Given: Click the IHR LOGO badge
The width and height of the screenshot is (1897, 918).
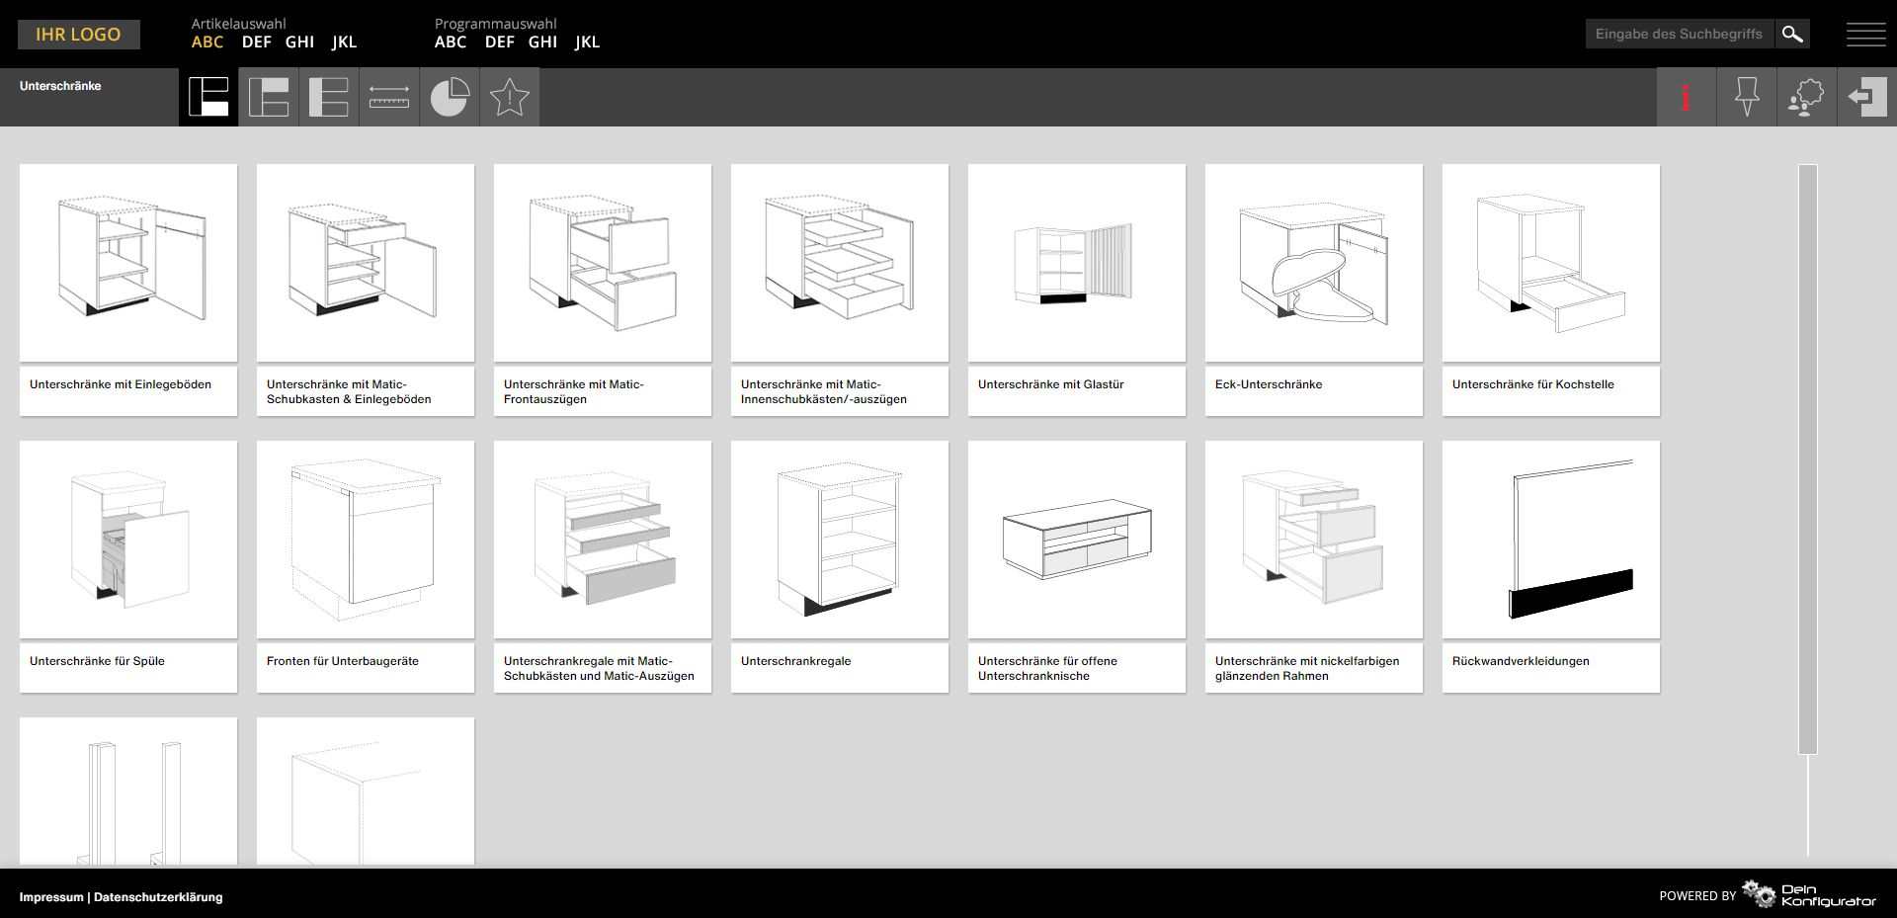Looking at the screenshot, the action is point(79,35).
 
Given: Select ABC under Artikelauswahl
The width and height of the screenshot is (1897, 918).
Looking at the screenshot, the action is point(207,42).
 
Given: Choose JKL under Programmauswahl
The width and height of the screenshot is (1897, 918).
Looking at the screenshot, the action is point(587,42).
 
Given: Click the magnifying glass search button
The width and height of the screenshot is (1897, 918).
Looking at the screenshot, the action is point(1792,35).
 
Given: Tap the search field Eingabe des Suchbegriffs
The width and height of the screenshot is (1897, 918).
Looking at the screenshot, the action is point(1680,35).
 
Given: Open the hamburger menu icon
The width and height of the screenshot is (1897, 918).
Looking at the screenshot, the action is point(1865,35).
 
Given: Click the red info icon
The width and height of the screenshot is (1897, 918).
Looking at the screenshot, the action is point(1686,97).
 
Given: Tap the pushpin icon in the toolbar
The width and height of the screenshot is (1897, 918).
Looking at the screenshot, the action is point(1747,97).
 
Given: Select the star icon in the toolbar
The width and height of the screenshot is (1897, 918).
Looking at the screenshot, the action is point(510,97).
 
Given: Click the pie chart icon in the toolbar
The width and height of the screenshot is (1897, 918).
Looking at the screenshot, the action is point(450,97).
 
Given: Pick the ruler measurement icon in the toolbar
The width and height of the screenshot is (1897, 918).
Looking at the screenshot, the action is point(389,97).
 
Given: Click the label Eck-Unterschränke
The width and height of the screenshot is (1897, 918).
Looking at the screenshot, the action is point(1269,384).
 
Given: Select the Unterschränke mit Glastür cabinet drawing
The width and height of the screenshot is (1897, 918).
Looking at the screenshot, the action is point(1077,263).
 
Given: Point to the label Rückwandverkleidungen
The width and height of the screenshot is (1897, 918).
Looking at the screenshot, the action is point(1521,661).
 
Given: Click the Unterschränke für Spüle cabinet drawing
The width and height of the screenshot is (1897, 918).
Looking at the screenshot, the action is point(128,540).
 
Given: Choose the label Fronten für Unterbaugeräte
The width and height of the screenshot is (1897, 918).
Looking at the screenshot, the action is point(343,661).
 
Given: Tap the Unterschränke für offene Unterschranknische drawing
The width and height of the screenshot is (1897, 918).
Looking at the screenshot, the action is point(1077,540).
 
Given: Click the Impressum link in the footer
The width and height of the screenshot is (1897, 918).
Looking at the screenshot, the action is point(51,897).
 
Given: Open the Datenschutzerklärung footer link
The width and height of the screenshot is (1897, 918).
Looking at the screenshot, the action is point(158,897).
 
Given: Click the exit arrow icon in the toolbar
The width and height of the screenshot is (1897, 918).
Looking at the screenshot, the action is point(1866,97).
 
